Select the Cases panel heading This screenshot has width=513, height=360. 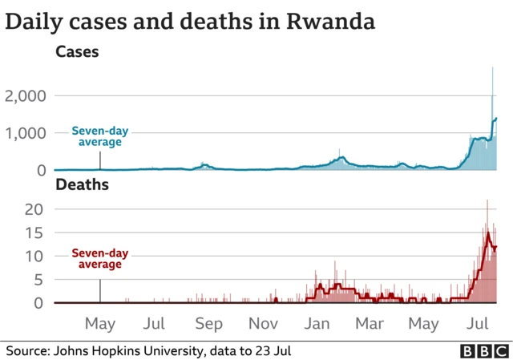(x=77, y=52)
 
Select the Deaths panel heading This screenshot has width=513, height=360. (x=82, y=185)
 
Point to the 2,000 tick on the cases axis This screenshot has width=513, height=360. (x=28, y=96)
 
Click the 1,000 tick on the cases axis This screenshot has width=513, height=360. (x=28, y=133)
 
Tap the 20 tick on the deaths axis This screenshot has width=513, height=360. (x=38, y=209)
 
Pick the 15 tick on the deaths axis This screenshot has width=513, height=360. (x=38, y=233)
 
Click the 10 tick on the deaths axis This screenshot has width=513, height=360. (x=38, y=257)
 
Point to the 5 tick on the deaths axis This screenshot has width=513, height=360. (x=42, y=280)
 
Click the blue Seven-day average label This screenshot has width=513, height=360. (x=99, y=136)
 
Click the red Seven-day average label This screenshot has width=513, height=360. (x=99, y=259)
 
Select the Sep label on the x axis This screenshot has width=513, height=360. (x=208, y=324)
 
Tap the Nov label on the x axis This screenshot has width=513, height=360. (x=264, y=324)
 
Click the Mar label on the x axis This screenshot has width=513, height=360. (x=369, y=324)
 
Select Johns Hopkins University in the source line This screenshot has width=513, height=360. (x=132, y=351)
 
